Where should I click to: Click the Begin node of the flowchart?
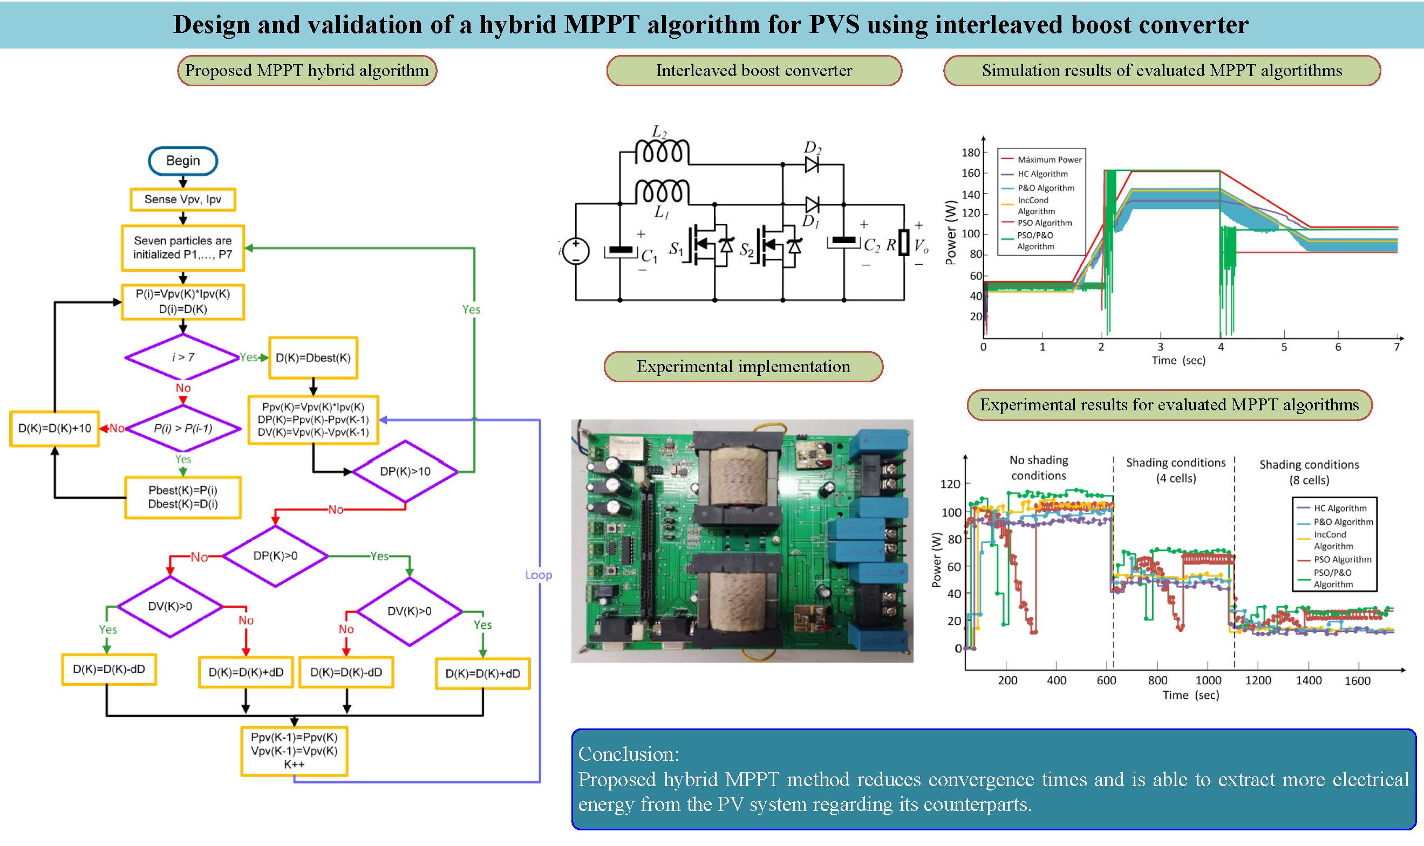click(x=182, y=161)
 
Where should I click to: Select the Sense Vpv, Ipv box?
click(x=182, y=200)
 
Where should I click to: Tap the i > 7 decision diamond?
click(x=182, y=357)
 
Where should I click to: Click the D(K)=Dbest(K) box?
click(x=313, y=358)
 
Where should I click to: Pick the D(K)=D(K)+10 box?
click(x=55, y=429)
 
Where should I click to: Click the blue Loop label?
click(x=539, y=575)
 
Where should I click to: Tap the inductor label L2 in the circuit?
click(x=659, y=133)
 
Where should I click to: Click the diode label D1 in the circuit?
click(x=810, y=221)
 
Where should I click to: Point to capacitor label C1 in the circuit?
click(x=649, y=257)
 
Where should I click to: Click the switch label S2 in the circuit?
click(x=746, y=250)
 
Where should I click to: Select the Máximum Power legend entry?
click(x=1049, y=160)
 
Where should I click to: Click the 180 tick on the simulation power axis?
click(x=970, y=153)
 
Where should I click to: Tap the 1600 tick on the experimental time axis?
click(x=1357, y=680)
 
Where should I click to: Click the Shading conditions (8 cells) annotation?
click(x=1309, y=472)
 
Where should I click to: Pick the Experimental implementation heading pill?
click(x=743, y=367)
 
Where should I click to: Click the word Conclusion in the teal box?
click(x=628, y=754)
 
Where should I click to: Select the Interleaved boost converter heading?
click(x=754, y=71)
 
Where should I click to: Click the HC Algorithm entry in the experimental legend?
click(x=1340, y=508)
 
